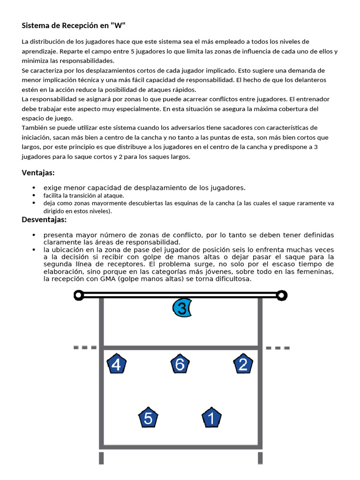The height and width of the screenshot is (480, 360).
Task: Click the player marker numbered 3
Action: [182, 308]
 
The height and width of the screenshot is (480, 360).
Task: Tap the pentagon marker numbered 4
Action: [117, 365]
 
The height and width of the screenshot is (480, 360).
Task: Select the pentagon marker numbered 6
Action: [180, 364]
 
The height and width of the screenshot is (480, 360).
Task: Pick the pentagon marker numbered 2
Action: [243, 364]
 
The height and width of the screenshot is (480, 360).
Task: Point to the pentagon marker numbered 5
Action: [148, 418]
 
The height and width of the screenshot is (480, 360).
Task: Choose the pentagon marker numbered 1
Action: [211, 418]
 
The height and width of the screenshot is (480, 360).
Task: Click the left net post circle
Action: [79, 295]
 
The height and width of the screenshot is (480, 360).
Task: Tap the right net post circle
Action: [281, 295]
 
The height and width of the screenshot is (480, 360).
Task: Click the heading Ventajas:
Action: [38, 172]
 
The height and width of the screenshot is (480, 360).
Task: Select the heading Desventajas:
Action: [44, 219]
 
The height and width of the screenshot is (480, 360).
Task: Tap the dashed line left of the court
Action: [85, 348]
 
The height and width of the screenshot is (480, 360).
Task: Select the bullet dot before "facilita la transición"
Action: [34, 195]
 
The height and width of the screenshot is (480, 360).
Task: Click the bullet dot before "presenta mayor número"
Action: [34, 235]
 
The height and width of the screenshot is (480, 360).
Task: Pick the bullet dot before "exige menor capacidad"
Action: [34, 187]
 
